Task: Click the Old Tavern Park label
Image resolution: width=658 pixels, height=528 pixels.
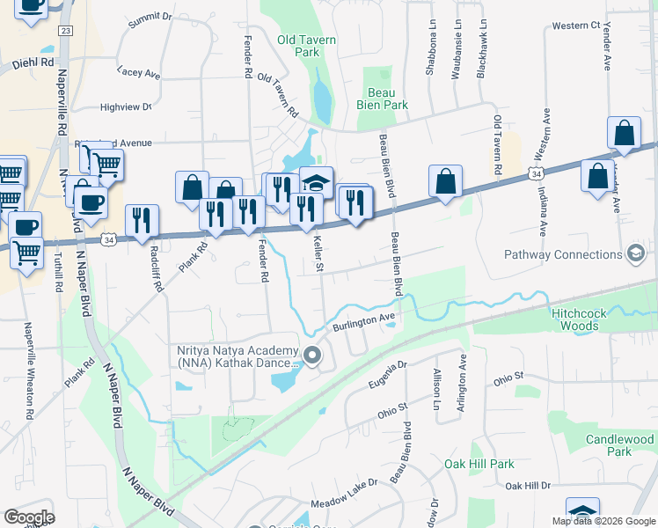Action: click(298, 46)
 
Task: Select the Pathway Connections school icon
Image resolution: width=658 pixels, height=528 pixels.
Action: click(634, 254)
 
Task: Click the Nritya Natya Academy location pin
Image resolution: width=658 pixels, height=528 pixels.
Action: click(312, 356)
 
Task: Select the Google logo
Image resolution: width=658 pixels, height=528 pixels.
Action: click(29, 517)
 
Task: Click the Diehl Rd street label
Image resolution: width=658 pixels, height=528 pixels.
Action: click(33, 63)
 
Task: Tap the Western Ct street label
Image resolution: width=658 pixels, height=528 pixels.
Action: click(575, 26)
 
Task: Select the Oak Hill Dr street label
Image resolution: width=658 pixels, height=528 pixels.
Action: click(527, 486)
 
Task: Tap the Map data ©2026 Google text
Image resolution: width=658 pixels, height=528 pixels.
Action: click(603, 521)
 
